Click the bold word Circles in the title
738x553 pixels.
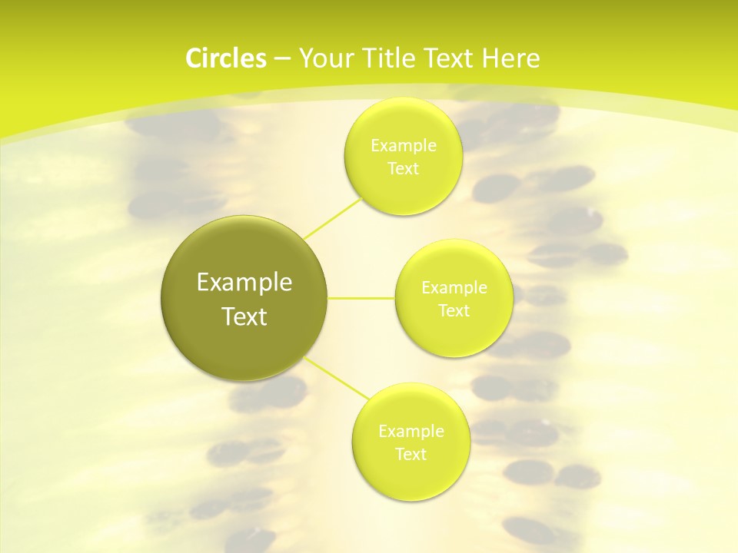coord(225,58)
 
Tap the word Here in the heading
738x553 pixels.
coord(511,58)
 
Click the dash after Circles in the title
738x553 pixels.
coord(281,59)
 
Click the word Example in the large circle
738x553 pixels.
coord(244,283)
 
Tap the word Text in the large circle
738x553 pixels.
coord(244,316)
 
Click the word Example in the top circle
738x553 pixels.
coord(404,145)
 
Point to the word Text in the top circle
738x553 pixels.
coord(404,168)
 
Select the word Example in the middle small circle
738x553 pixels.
coord(454,288)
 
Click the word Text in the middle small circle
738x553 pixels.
coord(454,311)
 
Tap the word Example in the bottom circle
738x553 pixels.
coord(411,431)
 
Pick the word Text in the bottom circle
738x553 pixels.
coord(411,454)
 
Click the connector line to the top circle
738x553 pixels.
coord(333,217)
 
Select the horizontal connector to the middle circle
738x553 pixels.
coord(361,297)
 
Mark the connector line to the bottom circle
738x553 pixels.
coord(338,378)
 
